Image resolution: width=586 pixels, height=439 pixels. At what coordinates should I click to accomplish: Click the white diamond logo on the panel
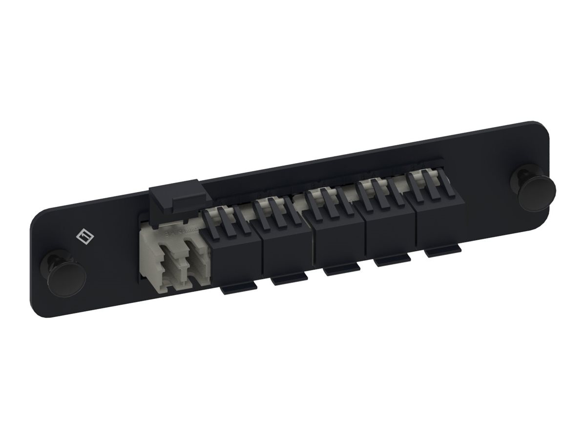tap(85, 236)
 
